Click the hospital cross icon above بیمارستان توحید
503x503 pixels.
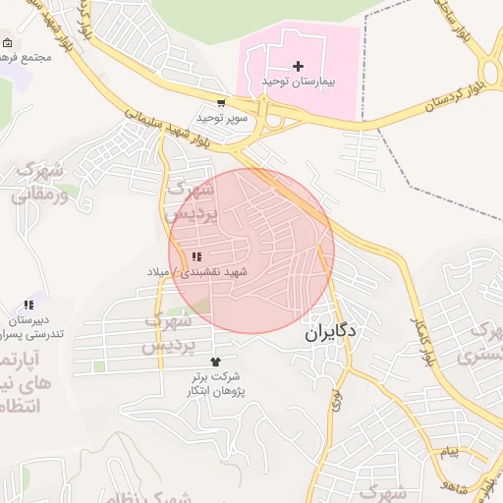tap(299, 65)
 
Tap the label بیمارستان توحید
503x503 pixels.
tap(299, 81)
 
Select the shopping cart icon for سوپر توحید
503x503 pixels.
tap(221, 102)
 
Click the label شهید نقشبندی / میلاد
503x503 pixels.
tap(209, 270)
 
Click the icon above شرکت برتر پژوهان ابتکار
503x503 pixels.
tap(216, 363)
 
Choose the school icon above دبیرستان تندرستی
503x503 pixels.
tap(28, 306)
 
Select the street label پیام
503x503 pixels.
tap(449, 451)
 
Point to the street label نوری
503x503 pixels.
tap(338, 399)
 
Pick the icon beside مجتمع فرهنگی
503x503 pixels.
tap(8, 43)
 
